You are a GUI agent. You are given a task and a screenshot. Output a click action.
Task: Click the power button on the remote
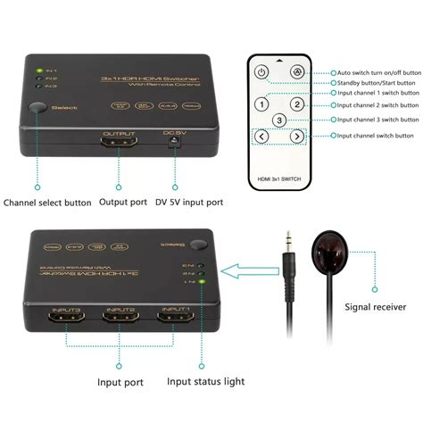click(x=261, y=72)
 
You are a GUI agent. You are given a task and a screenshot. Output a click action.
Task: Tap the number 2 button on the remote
click(x=299, y=104)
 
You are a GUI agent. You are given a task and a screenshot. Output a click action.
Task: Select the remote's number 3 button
click(x=279, y=120)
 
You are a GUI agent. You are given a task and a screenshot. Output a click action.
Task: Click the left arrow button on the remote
click(x=261, y=137)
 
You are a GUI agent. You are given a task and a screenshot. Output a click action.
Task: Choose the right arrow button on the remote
click(x=298, y=137)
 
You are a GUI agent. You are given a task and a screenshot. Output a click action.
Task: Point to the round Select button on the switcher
click(x=37, y=108)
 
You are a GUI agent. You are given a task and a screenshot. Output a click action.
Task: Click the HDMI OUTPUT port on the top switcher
click(x=119, y=145)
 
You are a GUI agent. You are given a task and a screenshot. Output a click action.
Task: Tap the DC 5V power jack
click(x=172, y=146)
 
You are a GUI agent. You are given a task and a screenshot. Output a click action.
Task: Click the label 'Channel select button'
click(x=47, y=203)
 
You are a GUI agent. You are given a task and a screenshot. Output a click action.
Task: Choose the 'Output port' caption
click(x=123, y=203)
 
